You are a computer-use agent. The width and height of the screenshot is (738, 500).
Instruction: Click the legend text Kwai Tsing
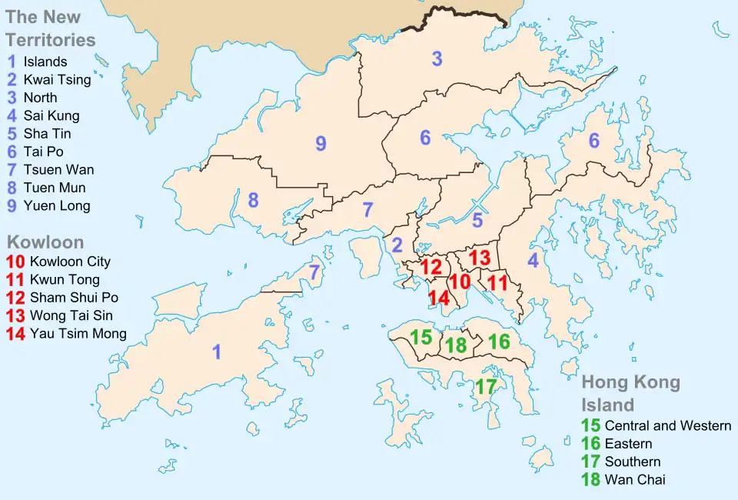coord(57,79)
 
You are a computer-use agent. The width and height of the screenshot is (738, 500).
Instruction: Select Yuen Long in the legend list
coord(57,205)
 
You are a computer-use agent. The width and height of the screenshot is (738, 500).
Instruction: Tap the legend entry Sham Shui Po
coord(74,297)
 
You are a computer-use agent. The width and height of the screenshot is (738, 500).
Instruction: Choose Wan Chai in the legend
coord(635,479)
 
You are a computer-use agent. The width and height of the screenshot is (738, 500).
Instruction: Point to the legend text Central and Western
coord(667,425)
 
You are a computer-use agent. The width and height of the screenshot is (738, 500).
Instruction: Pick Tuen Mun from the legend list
coord(55,188)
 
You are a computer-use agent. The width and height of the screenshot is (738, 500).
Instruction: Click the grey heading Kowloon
coord(45,242)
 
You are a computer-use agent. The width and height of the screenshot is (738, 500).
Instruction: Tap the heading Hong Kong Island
coord(630,393)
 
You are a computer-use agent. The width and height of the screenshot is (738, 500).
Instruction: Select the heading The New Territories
coord(51,28)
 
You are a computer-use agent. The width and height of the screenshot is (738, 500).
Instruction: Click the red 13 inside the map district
coord(480,258)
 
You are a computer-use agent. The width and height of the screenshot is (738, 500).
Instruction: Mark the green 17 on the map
coord(485,387)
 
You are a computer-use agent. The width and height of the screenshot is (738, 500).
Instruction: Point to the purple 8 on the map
coord(253,201)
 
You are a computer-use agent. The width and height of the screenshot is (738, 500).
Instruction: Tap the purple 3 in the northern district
coord(437,58)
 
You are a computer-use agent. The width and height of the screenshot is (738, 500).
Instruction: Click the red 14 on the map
coord(438,298)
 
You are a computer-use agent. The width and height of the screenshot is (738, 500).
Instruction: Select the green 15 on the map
coord(421,337)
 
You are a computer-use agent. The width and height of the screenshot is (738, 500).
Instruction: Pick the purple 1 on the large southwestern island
coord(217,352)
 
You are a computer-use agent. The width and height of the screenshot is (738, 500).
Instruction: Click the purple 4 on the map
coord(533,261)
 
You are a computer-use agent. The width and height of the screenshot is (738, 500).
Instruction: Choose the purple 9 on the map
coord(321,143)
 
